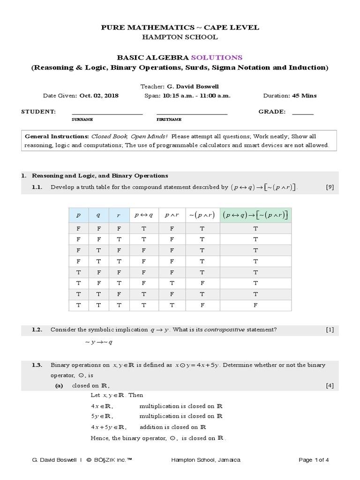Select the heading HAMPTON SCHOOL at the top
pyautogui.click(x=180, y=37)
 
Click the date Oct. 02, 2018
pyautogui.click(x=99, y=96)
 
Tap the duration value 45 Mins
pyautogui.click(x=304, y=96)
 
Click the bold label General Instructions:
pyautogui.click(x=57, y=136)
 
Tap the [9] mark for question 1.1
pyautogui.click(x=330, y=187)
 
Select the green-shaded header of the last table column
pyautogui.click(x=255, y=215)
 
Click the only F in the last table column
pyautogui.click(x=255, y=306)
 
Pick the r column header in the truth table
pyautogui.click(x=118, y=215)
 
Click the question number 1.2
pyautogui.click(x=37, y=330)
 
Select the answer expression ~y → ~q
pyautogui.click(x=99, y=342)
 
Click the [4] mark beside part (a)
pyautogui.click(x=330, y=386)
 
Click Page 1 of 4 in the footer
pyautogui.click(x=314, y=460)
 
